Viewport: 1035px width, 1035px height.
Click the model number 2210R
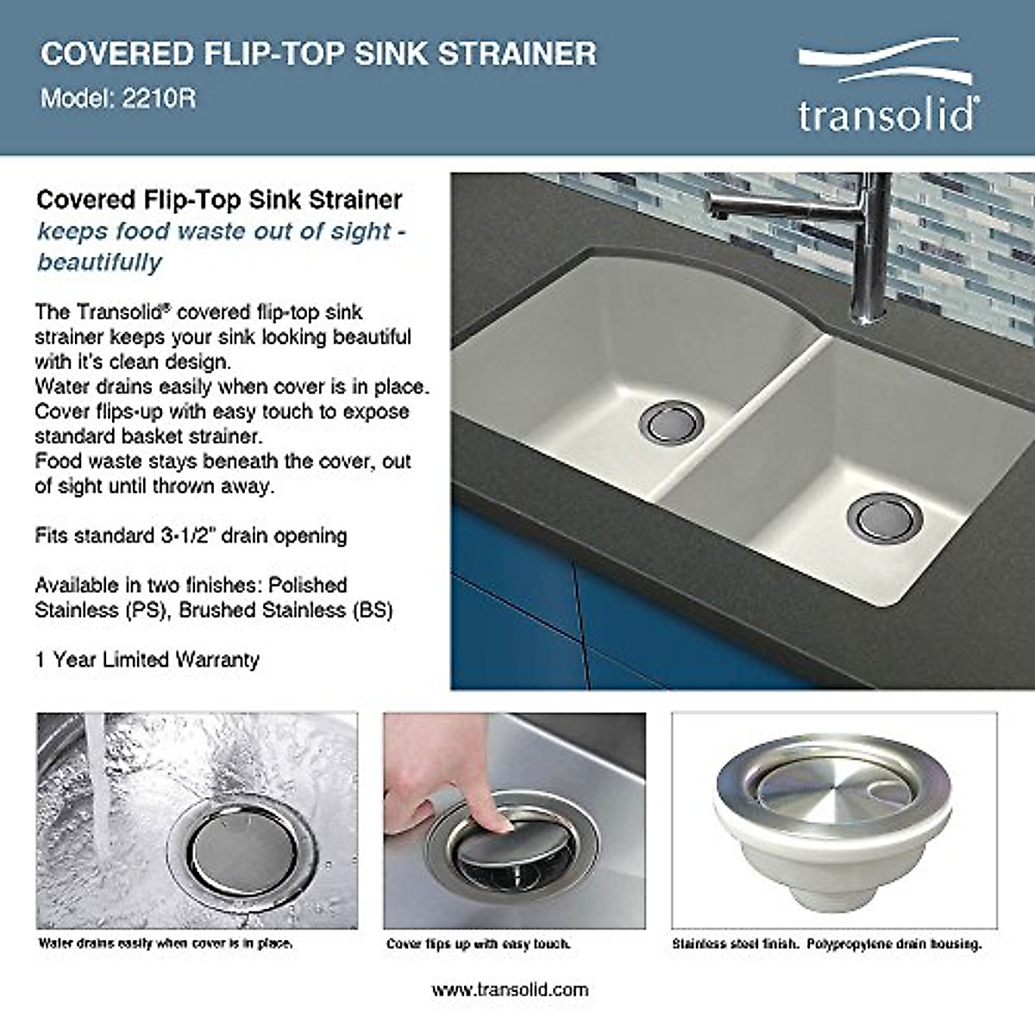(159, 98)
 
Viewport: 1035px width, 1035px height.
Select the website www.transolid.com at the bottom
(510, 989)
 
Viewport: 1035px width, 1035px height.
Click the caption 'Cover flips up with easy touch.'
(479, 944)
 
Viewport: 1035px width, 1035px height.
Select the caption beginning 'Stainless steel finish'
(826, 944)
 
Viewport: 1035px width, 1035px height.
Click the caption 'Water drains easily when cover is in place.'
(166, 944)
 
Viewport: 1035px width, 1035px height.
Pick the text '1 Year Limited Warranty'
(147, 660)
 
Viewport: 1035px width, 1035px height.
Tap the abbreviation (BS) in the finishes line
(372, 611)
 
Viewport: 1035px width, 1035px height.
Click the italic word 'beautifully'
(99, 262)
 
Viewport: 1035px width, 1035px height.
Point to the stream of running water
(100, 793)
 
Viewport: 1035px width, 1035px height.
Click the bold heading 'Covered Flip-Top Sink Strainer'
(219, 200)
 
